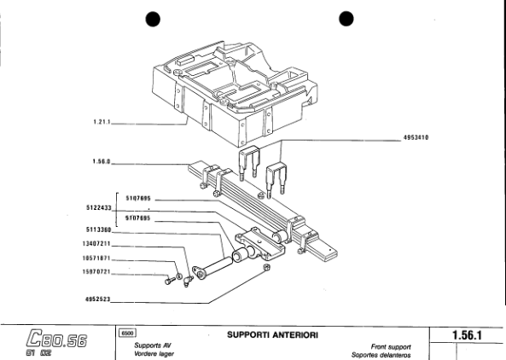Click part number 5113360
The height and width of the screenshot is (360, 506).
99,229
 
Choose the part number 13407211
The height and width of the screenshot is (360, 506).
97,244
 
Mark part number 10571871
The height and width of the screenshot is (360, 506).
97,258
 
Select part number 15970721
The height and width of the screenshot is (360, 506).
97,272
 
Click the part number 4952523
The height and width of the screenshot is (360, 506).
99,300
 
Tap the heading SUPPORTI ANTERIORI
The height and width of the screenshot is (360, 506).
272,334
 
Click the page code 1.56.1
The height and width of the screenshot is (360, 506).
468,335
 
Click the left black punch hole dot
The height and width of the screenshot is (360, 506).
153,20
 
